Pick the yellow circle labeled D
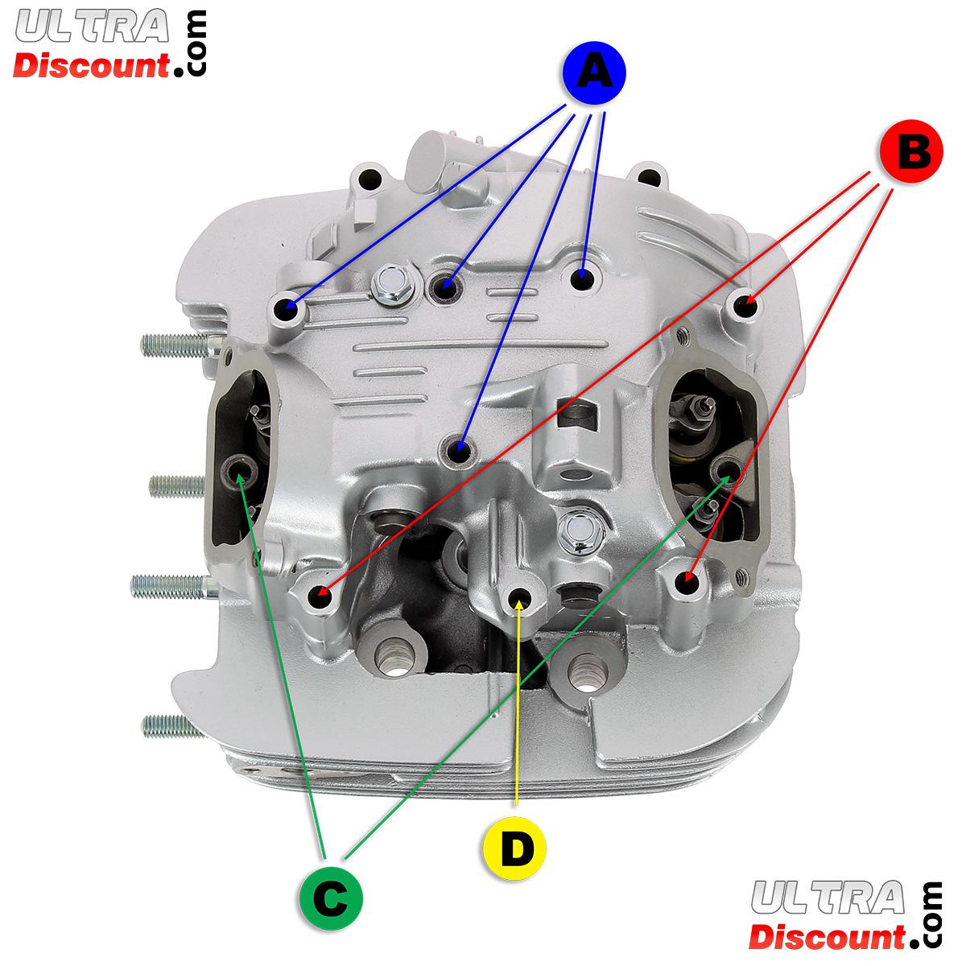point(514,847)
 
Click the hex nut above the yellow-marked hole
point(576,528)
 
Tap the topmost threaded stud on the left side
point(173,346)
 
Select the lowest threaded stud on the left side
point(169,727)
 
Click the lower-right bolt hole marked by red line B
point(685,580)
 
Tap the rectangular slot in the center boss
point(582,412)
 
